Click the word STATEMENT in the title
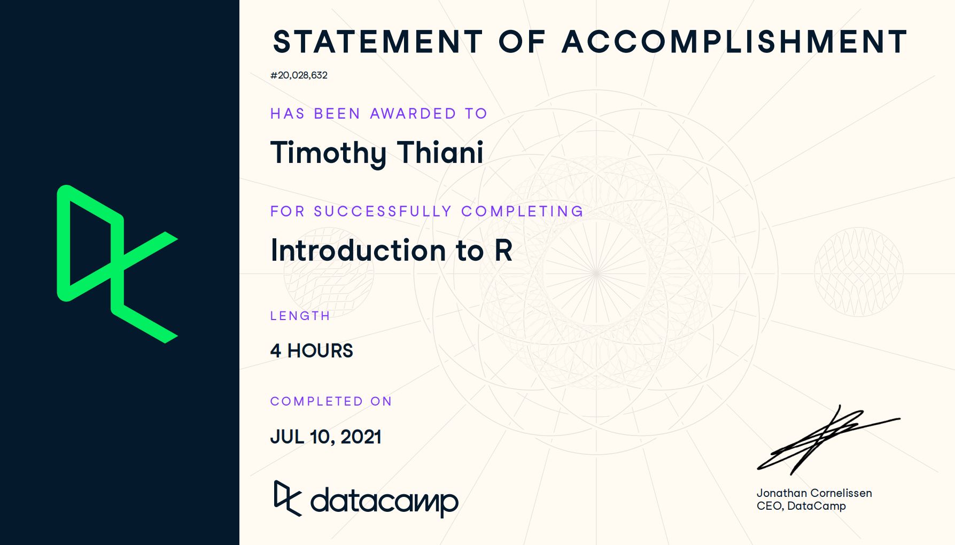pyautogui.click(x=378, y=42)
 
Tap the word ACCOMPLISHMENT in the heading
pyautogui.click(x=735, y=42)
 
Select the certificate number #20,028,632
pyautogui.click(x=299, y=75)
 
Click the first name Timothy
pyautogui.click(x=329, y=153)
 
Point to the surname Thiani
pyautogui.click(x=440, y=152)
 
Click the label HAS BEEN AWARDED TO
pyautogui.click(x=379, y=113)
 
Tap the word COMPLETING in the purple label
pyautogui.click(x=522, y=211)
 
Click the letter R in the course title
pyautogui.click(x=503, y=250)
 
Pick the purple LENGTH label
pyautogui.click(x=300, y=316)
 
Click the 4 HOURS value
pyautogui.click(x=312, y=351)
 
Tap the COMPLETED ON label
pyautogui.click(x=331, y=401)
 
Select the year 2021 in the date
pyautogui.click(x=361, y=437)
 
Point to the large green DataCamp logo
pyautogui.click(x=118, y=264)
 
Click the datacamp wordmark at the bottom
pyautogui.click(x=384, y=501)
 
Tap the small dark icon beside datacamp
pyautogui.click(x=288, y=498)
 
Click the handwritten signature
pyautogui.click(x=828, y=440)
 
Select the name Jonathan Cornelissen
pyautogui.click(x=814, y=493)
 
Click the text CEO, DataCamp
pyautogui.click(x=801, y=506)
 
